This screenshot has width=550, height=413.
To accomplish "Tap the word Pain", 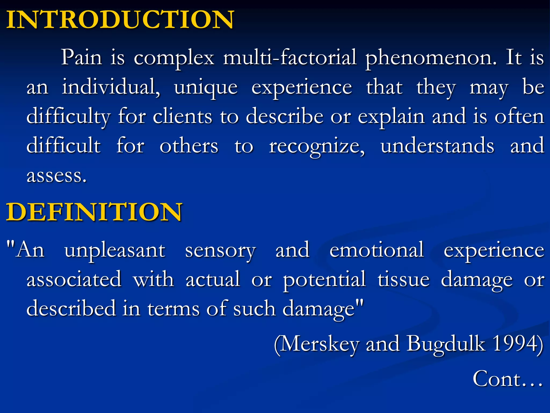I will pyautogui.click(x=82, y=57).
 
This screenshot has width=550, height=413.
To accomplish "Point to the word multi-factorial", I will pyautogui.click(x=290, y=57).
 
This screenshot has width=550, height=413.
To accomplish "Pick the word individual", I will pyautogui.click(x=111, y=87).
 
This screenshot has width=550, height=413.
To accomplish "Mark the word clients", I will pyautogui.click(x=182, y=116).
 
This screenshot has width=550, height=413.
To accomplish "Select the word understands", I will pyautogui.click(x=437, y=145).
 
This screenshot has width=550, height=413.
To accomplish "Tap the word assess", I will pyautogui.click(x=56, y=175).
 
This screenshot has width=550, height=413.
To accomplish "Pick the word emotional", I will pyautogui.click(x=377, y=250).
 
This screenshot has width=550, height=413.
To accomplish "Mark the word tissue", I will pyautogui.click(x=404, y=279).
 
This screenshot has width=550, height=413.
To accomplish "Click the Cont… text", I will pyautogui.click(x=508, y=379).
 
